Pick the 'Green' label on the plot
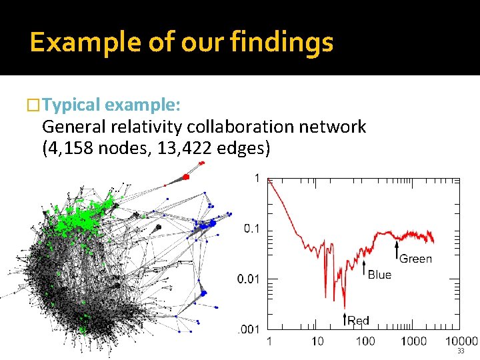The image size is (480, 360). coord(415,259)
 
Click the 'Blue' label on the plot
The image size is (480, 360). coord(379,274)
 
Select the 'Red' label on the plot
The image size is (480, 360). coord(359,321)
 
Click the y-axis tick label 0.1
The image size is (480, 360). coord(251,229)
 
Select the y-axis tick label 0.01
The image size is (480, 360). coord(248,279)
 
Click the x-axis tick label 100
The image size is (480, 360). coord(365,341)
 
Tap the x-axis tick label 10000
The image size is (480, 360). coord(461,341)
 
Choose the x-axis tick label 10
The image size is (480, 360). coord(317,341)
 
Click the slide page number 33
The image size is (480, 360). coord(461,351)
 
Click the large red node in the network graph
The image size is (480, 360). coord(186,177)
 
